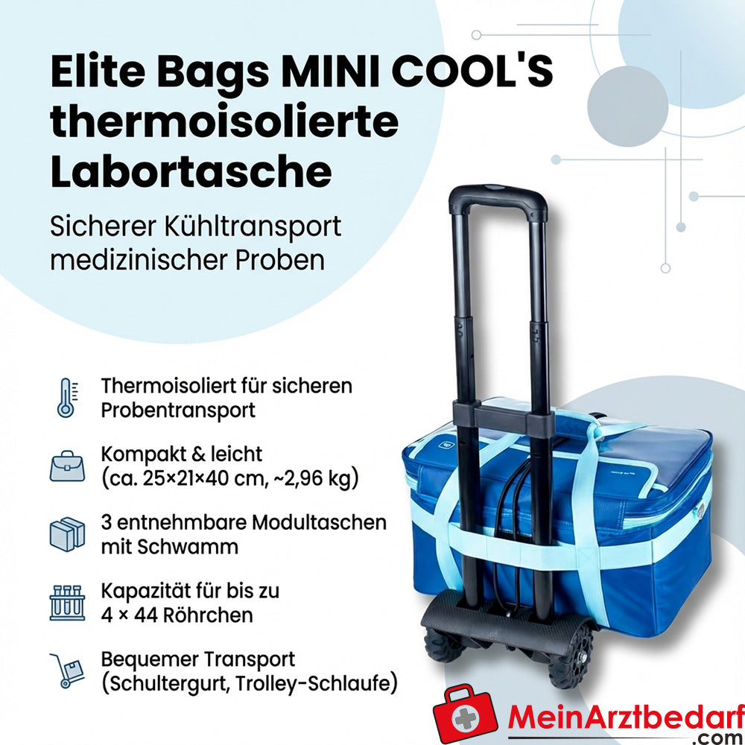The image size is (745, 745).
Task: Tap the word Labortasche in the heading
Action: click(x=191, y=171)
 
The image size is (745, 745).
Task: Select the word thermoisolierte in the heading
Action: click(x=224, y=123)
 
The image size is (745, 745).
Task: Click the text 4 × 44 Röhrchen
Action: click(x=177, y=615)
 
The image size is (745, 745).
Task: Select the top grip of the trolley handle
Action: click(x=498, y=197)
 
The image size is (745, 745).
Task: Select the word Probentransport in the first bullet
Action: click(x=179, y=410)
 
